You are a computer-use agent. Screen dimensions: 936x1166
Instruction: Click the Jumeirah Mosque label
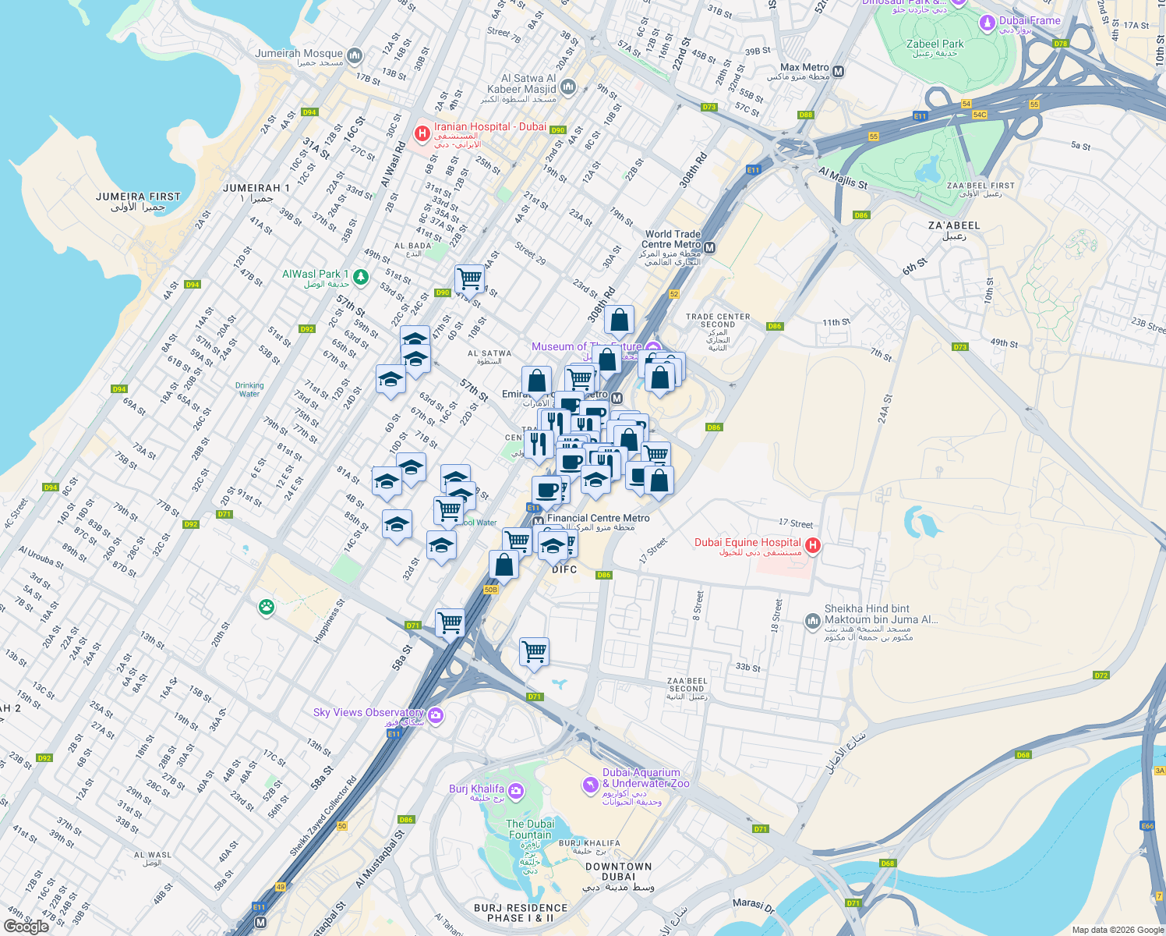(x=299, y=54)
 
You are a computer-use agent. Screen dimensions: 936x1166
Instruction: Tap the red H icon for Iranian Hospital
(x=422, y=133)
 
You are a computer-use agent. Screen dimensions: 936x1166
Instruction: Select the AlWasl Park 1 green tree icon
(x=360, y=276)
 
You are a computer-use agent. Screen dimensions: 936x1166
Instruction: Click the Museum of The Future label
(x=586, y=346)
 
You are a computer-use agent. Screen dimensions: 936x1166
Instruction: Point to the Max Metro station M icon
(x=839, y=72)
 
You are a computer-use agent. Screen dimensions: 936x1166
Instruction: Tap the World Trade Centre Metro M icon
(x=709, y=248)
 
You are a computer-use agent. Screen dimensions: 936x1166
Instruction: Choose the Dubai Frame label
(x=1030, y=21)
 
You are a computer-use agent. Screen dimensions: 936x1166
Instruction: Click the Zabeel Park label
(x=935, y=44)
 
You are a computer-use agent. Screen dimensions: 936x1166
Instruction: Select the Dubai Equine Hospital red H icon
(x=812, y=546)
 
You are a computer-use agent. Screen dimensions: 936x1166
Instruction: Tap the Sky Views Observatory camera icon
(x=436, y=715)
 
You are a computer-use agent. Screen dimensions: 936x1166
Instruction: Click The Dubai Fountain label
(x=530, y=829)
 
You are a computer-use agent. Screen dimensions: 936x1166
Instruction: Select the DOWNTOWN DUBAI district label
(x=619, y=871)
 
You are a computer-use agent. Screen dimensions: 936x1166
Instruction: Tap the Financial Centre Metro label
(x=599, y=518)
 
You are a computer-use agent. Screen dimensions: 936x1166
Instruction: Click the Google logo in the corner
(x=26, y=926)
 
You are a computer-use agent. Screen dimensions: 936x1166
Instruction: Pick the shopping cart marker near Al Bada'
(x=470, y=277)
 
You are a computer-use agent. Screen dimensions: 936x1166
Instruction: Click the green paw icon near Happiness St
(x=267, y=607)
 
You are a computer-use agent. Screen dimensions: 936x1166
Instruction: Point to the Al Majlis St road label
(x=843, y=178)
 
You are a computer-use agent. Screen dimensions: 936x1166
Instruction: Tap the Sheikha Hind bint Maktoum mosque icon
(x=812, y=621)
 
